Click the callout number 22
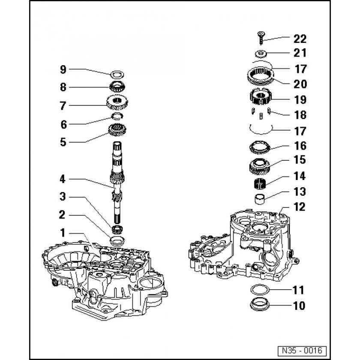(x=300, y=39)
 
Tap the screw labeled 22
(x=261, y=38)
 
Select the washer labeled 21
(x=261, y=54)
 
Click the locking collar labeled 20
(x=261, y=76)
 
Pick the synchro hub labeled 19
(x=261, y=97)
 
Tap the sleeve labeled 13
(x=260, y=198)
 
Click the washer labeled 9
(x=117, y=74)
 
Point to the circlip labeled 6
(x=117, y=116)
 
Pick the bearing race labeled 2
(x=117, y=240)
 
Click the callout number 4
(x=63, y=179)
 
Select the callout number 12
(x=300, y=207)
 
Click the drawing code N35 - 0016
(x=302, y=351)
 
